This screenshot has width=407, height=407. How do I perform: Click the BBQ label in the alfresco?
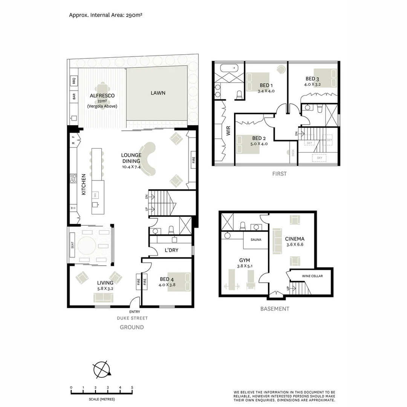[74, 80]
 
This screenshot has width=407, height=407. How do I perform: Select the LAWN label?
[158, 93]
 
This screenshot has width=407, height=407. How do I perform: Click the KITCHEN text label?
[84, 184]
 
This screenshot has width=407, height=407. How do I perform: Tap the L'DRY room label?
[171, 250]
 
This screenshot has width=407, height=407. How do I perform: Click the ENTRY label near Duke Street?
[135, 312]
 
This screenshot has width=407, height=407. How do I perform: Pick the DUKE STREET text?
[132, 318]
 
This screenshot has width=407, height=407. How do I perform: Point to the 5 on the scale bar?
[132, 387]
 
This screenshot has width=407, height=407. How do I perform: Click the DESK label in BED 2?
[293, 153]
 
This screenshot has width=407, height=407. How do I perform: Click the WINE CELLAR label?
[312, 276]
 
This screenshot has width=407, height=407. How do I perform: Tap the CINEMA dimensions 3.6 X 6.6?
[294, 244]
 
